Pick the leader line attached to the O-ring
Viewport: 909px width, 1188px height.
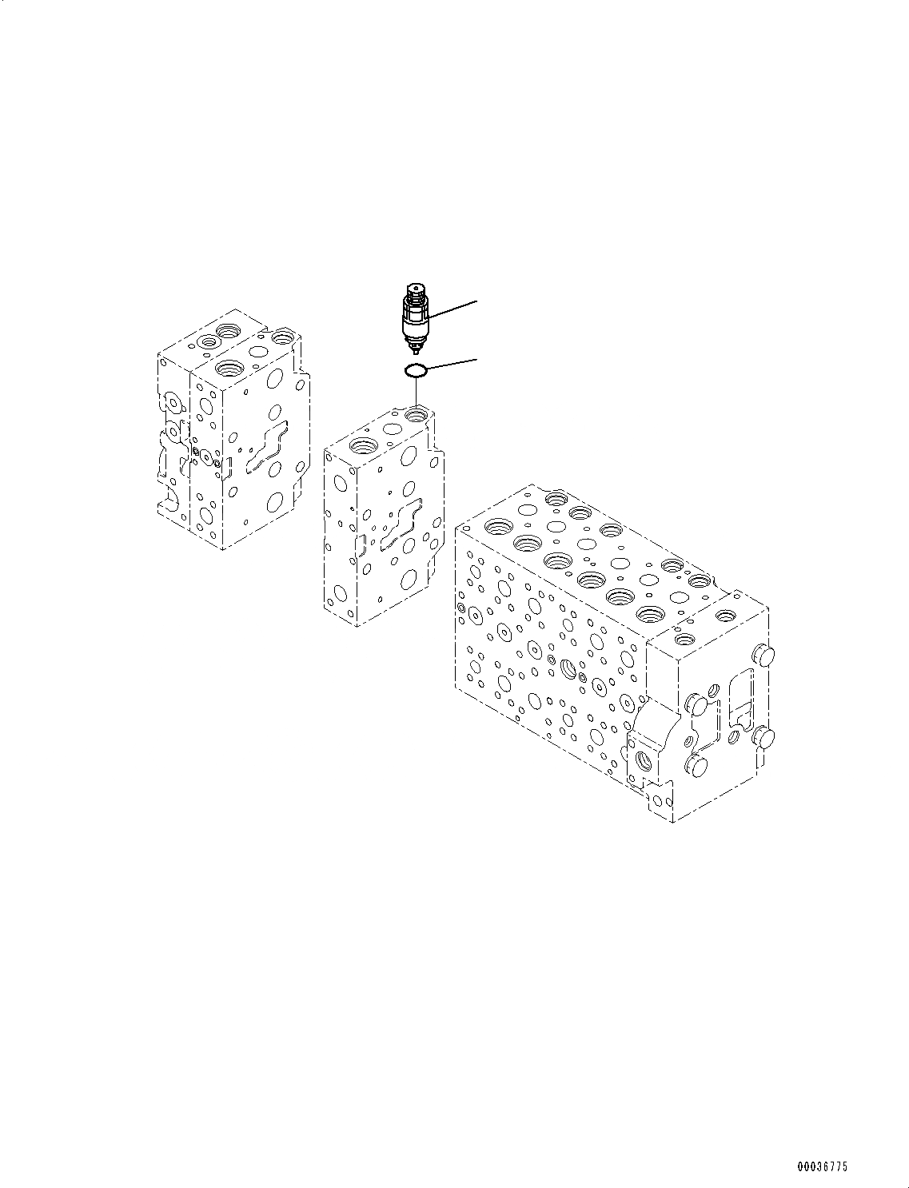point(453,364)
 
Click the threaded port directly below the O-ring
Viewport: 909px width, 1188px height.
point(417,415)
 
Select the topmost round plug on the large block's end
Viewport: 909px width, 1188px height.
point(766,656)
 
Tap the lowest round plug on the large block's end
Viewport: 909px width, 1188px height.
point(696,767)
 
